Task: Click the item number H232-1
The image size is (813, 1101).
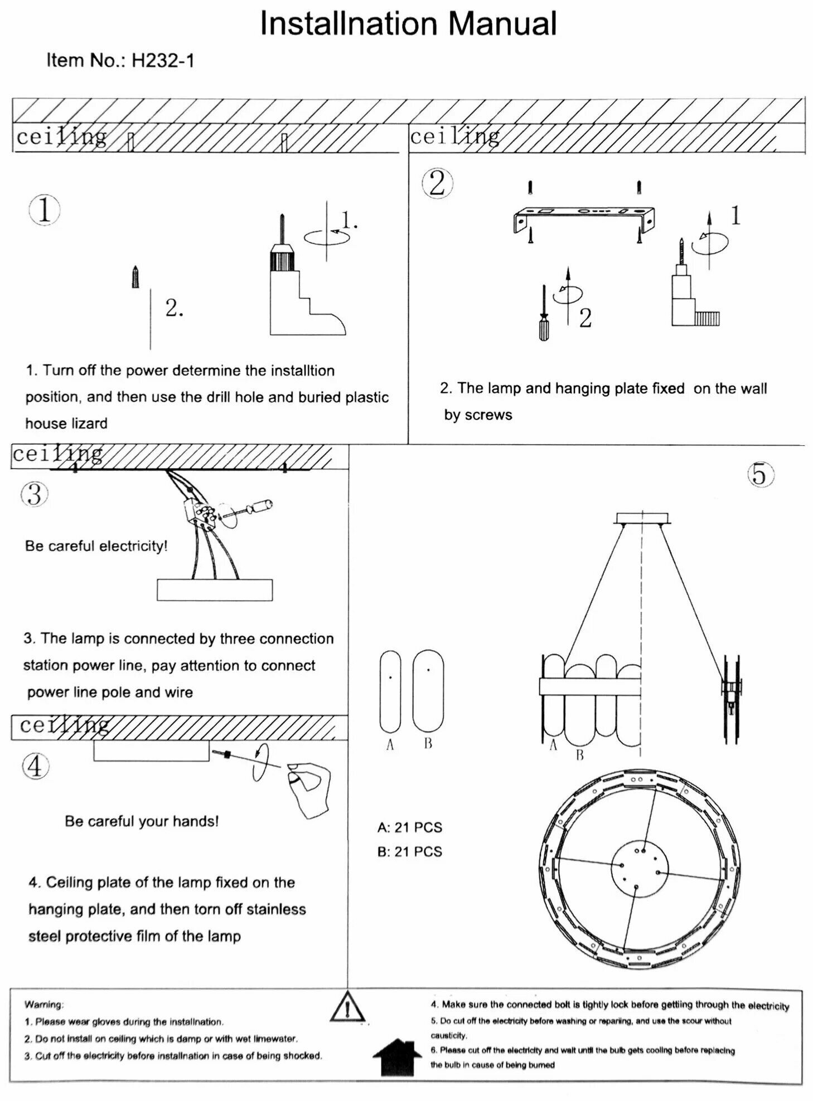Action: coord(163,60)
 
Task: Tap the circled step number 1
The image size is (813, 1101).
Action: coord(44,211)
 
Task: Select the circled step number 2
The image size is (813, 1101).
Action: coord(437,183)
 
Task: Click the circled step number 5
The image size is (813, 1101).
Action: coord(760,475)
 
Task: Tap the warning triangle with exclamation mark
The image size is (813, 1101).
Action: coord(347,1007)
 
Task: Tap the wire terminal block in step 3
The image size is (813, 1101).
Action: coord(199,514)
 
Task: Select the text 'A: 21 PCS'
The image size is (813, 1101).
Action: coord(409,827)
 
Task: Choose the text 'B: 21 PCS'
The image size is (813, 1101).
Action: coord(409,852)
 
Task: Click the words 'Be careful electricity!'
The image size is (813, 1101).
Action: coord(96,546)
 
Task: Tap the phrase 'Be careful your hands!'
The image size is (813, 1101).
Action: coord(142,821)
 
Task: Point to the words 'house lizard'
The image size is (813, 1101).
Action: coord(66,423)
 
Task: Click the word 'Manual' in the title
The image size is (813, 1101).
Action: coord(502,25)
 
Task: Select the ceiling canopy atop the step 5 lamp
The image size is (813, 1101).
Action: coord(642,518)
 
